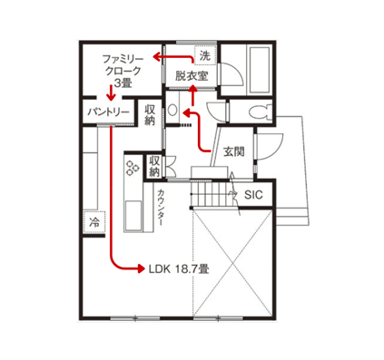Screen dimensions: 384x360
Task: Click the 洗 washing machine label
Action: (204, 55)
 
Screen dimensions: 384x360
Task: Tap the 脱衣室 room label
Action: (192, 76)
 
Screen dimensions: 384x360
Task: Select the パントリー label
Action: (109, 112)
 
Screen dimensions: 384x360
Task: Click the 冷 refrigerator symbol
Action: (94, 222)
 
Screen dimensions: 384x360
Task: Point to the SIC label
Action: (253, 195)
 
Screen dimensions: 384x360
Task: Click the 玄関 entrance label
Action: (233, 151)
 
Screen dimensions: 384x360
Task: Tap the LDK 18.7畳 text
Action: (179, 268)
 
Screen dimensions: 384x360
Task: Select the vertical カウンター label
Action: (161, 208)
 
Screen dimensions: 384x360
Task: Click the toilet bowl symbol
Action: (260, 112)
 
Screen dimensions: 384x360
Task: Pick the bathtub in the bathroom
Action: (258, 70)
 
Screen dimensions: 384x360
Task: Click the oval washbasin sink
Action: (172, 110)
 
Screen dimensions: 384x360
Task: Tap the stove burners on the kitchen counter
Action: (133, 167)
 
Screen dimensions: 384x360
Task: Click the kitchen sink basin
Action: (133, 216)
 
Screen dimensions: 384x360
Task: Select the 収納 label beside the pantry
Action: (150, 115)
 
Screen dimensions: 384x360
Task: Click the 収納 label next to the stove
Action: (154, 166)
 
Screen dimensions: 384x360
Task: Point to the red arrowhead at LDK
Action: (142, 268)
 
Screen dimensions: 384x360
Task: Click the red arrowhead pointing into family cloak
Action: (157, 56)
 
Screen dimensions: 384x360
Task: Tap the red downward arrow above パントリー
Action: (112, 93)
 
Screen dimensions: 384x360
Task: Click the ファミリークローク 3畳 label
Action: (123, 71)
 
